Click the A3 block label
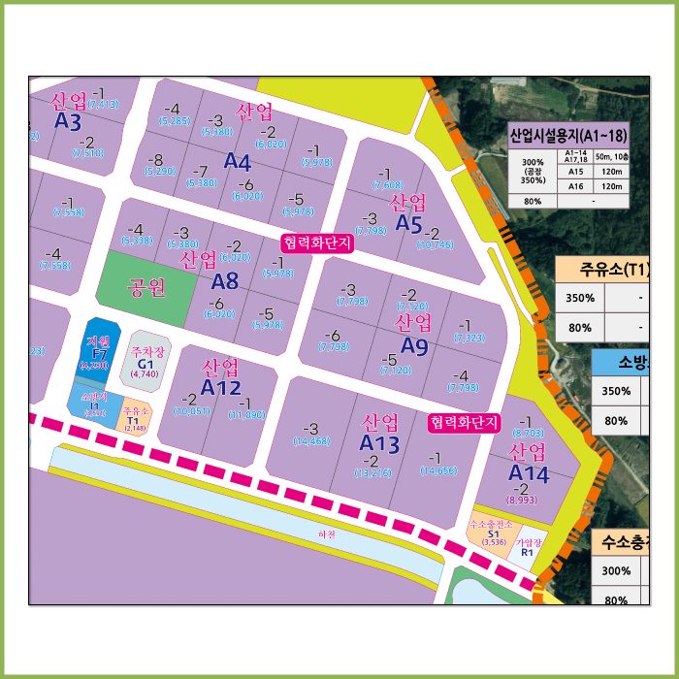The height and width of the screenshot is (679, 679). pos(68,122)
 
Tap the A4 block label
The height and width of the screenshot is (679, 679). pos(238,162)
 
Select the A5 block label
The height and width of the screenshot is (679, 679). pos(408,224)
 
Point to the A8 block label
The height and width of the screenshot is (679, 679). pos(225,282)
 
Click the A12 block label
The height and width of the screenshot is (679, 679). pos(221,388)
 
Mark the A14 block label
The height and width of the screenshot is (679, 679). pos(529,473)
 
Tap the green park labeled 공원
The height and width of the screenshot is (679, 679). pos(146,288)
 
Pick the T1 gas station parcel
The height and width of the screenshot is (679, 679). pos(136,420)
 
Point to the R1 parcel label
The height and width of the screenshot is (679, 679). pos(528,552)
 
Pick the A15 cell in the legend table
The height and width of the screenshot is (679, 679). pos(575,172)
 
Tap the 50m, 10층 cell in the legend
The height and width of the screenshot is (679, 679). pos(611,156)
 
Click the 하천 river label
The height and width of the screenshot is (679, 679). pos(327,534)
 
